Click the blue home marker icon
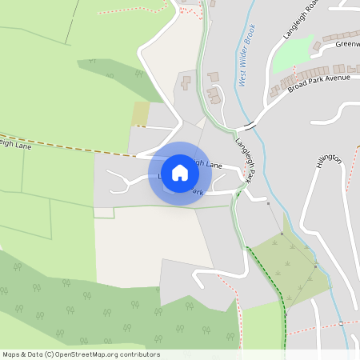coord(180,173)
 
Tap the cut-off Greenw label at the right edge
coord(347,44)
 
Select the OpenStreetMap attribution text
coord(81,354)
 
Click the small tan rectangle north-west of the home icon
coord(141,114)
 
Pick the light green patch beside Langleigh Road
coord(291,56)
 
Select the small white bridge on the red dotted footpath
coord(342,322)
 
